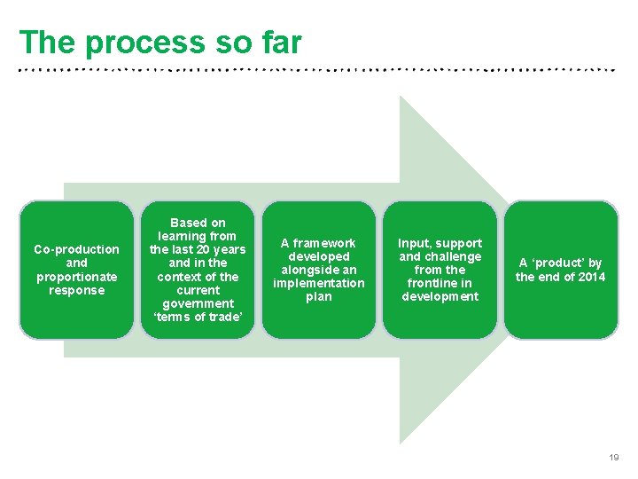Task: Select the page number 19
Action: point(613,458)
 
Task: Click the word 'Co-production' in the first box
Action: point(76,249)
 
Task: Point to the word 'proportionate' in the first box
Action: point(76,277)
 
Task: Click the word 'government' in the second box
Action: point(198,303)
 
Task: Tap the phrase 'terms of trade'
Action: point(198,318)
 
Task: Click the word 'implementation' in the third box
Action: point(319,283)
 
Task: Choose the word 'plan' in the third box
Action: point(319,296)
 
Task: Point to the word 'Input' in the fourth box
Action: point(413,243)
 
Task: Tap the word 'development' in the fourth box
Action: point(440,296)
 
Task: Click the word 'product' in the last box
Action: point(560,263)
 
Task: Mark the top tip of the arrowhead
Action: point(401,97)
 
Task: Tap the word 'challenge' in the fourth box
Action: point(453,256)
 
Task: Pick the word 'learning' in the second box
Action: point(183,236)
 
